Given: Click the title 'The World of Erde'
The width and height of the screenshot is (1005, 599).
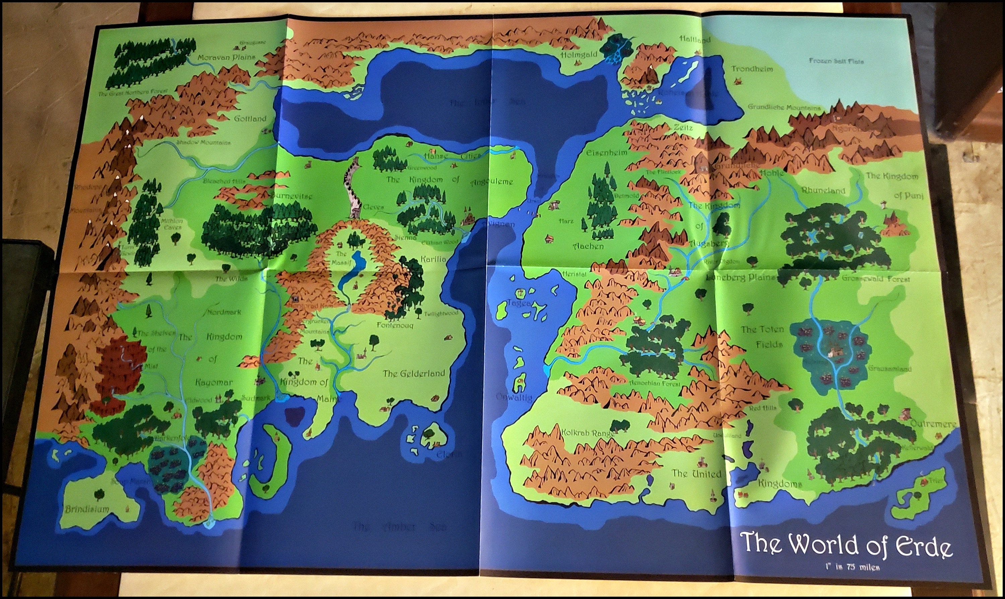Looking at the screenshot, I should point(846,545).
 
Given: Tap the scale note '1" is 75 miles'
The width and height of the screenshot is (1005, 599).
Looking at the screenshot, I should point(852,567).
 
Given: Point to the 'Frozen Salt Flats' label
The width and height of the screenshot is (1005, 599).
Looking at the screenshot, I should point(836,61).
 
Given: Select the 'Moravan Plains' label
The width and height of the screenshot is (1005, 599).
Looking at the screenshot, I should point(226,57).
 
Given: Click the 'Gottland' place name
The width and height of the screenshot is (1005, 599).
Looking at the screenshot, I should point(250,119).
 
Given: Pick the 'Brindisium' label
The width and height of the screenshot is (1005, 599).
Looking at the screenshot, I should point(87,509).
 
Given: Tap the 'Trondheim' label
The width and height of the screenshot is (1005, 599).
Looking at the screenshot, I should point(752,69).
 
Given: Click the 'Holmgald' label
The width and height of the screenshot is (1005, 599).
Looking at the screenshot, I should point(579,55).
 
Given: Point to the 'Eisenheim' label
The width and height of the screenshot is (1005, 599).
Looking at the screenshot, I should point(606,153).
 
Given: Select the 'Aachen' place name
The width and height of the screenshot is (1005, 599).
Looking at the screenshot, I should point(588,246).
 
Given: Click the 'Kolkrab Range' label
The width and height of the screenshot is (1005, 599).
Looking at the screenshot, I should point(588,433).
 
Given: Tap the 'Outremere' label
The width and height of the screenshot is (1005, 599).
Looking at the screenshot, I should point(933,424).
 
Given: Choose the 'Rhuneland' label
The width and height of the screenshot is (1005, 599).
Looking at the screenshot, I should point(823,191).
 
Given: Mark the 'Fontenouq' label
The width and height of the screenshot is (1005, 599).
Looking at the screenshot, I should point(395,325).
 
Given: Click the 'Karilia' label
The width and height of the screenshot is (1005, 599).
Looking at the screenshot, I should point(433,259).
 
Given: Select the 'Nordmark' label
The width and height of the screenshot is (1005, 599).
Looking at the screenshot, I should point(224,312).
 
